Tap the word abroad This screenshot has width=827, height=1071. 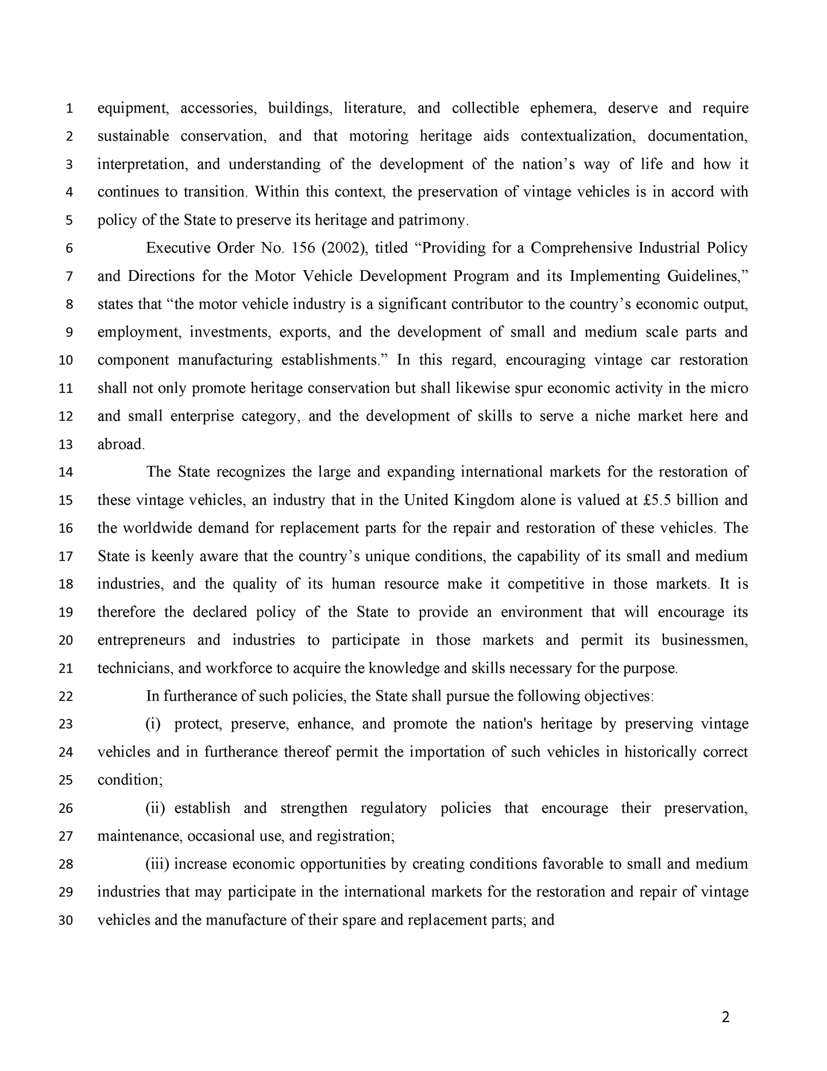pos(120,444)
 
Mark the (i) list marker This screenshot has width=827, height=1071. pos(153,724)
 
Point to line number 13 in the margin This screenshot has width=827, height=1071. pos(66,445)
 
